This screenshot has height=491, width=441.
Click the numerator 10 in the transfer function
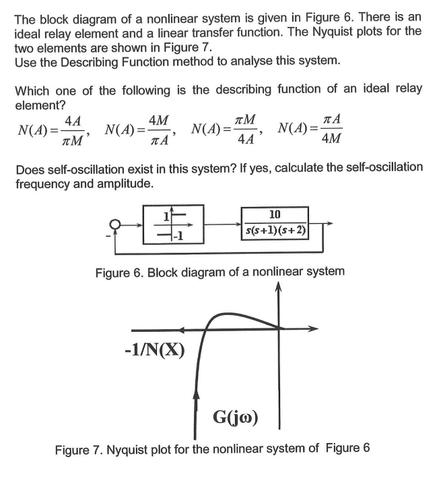click(275, 215)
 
